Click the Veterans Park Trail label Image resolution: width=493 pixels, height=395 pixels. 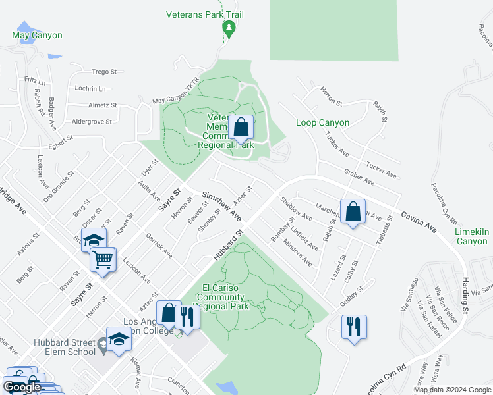[205, 13]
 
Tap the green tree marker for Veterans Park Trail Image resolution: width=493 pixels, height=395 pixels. [229, 28]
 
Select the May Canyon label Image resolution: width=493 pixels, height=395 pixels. [37, 35]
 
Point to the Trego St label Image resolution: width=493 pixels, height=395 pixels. [104, 72]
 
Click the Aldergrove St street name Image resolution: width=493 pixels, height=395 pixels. [92, 122]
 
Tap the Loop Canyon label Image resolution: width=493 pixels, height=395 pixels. [322, 123]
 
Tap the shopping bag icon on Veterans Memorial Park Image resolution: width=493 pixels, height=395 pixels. [242, 127]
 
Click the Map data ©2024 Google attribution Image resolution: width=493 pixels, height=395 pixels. [452, 390]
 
